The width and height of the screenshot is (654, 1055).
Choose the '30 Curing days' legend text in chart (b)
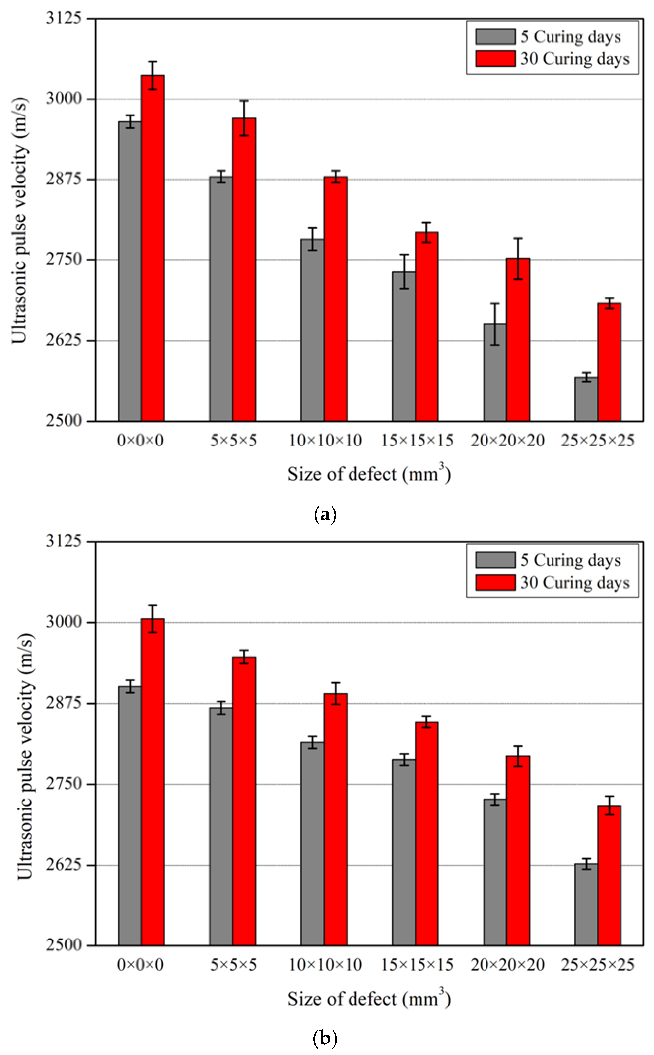point(574,582)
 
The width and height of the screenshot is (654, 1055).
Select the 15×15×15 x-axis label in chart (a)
point(417,441)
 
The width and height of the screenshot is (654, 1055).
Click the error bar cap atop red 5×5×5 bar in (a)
point(244,101)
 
